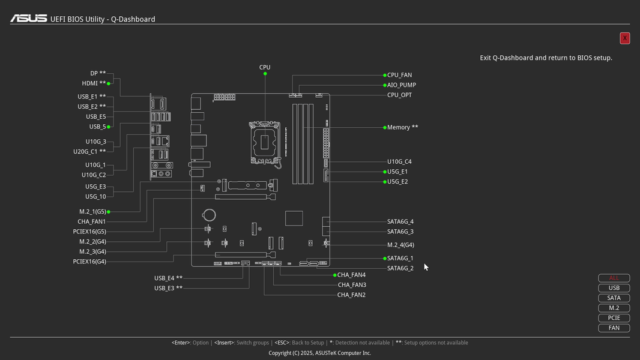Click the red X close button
coord(624,38)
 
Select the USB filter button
coord(614,288)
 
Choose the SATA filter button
coord(614,298)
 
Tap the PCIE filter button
coord(614,318)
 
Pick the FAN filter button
coord(614,328)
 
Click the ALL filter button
coord(614,278)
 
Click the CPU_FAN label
coord(399,76)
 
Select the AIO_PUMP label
coord(401,85)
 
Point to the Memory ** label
coord(402,127)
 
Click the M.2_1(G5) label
coord(92,212)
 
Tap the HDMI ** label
coord(94,83)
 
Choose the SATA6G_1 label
coord(400,259)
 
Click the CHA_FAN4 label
coord(351,275)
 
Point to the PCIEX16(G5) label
coord(89,232)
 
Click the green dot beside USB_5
coord(108,127)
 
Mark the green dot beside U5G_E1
coord(385,172)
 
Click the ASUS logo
coord(28,19)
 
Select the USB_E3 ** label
coord(168,288)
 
